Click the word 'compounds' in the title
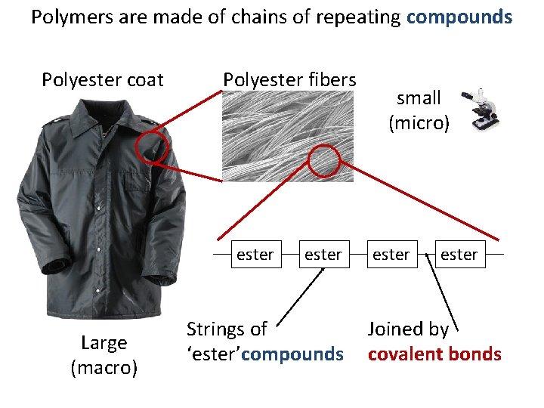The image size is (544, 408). point(459,17)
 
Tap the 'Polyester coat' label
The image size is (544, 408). point(103,80)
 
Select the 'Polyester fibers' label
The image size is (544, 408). point(289,79)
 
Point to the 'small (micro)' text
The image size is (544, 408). point(419,110)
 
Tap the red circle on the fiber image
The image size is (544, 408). point(325,160)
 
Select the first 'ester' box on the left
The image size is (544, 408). point(255,255)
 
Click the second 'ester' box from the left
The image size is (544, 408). point(323,255)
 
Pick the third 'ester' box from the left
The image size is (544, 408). point(391,255)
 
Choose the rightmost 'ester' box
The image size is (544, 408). point(459,255)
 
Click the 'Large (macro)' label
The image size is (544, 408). point(104,355)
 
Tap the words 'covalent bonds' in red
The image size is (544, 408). point(434,354)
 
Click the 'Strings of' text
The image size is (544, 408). point(227,329)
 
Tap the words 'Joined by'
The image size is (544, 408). point(408,329)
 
